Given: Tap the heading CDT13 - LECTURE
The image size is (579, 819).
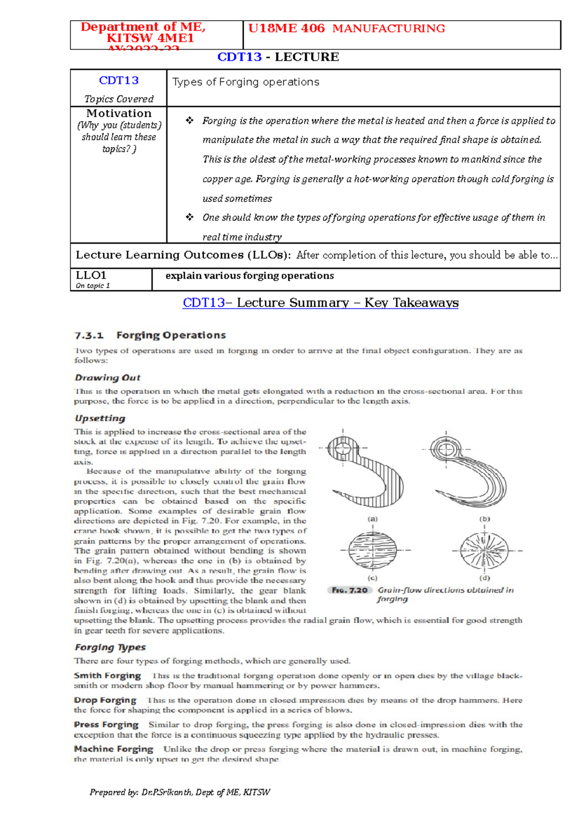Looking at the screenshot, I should coord(278,57).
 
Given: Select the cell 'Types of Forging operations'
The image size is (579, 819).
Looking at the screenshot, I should coord(246,82).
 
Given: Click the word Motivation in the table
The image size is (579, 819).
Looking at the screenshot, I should coord(119,113).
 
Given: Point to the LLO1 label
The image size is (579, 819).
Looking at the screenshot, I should coord(91,275).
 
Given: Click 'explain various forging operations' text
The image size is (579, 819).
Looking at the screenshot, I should coord(249,276).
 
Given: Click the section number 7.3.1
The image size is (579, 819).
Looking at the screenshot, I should coord(89,335).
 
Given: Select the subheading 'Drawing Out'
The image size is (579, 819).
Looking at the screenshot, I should coord(107,378).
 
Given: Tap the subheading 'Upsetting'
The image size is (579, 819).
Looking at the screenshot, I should coord(100,418).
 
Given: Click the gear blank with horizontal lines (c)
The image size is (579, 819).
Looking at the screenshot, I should coord(372,550).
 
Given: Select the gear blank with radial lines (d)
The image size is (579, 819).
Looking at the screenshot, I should coord(484,550).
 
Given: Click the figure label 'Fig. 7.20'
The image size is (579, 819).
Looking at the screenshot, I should coord(349,590).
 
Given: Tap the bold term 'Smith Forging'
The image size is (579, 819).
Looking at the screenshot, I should coord(107,676).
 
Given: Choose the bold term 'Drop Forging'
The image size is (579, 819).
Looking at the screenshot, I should coord(105,700).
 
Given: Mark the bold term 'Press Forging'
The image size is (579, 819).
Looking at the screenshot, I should coord(106,724).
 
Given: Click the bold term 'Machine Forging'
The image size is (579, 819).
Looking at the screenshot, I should coord(113,749).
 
